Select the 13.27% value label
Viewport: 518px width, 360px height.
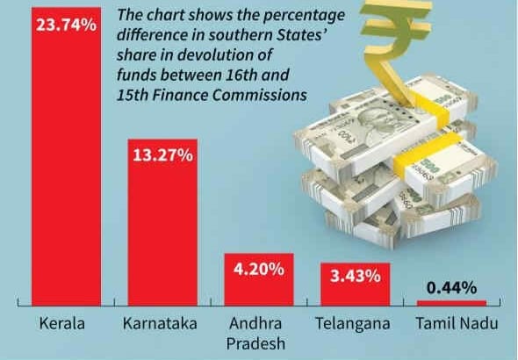[x=162, y=155]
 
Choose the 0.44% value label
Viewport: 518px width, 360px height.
[x=451, y=287]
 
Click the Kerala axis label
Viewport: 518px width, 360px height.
[x=62, y=324]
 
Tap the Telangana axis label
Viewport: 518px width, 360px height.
[x=352, y=324]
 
